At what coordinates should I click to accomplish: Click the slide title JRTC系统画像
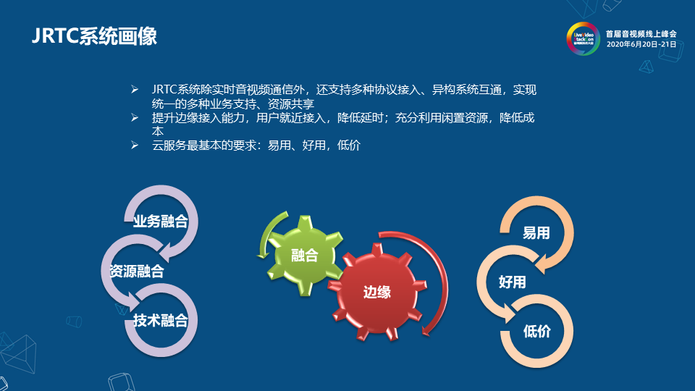click(94, 36)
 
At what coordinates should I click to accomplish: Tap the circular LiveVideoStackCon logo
click(583, 38)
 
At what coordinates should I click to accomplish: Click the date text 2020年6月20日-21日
click(641, 44)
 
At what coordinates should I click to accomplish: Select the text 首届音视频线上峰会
click(641, 34)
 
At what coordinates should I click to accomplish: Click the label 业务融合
click(161, 222)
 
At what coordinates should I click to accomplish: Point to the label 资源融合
click(137, 271)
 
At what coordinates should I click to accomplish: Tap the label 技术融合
click(161, 320)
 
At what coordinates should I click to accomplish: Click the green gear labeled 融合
click(305, 256)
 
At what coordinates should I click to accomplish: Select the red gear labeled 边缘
click(376, 292)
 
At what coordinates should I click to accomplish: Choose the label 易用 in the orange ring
click(536, 232)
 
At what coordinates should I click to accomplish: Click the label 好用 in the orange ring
click(512, 282)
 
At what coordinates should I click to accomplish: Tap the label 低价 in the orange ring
click(536, 331)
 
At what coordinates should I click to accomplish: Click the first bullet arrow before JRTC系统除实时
click(135, 90)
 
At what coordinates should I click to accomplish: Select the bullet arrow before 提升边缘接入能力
click(135, 117)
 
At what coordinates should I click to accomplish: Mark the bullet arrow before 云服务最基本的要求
click(135, 145)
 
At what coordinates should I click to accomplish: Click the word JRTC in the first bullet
click(164, 90)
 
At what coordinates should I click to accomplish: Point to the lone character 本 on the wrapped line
click(157, 131)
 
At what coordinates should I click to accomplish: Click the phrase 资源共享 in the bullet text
click(291, 104)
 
